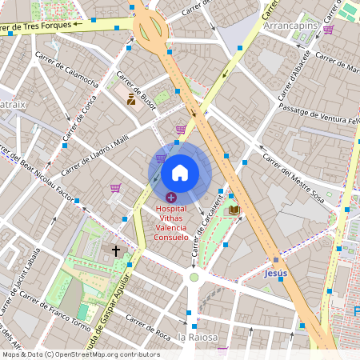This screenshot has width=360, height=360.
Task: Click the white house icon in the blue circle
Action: (180, 172)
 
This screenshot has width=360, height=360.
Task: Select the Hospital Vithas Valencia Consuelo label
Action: (171, 223)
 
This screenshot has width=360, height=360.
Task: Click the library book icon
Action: (234, 210)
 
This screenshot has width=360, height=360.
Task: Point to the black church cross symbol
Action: (116, 251)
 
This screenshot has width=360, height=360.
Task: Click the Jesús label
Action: (274, 273)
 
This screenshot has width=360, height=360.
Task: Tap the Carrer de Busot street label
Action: (138, 91)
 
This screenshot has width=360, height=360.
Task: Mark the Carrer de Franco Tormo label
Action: (54, 314)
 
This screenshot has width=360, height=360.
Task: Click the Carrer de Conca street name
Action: (76, 121)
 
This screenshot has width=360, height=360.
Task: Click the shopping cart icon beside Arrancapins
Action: (328, 30)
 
